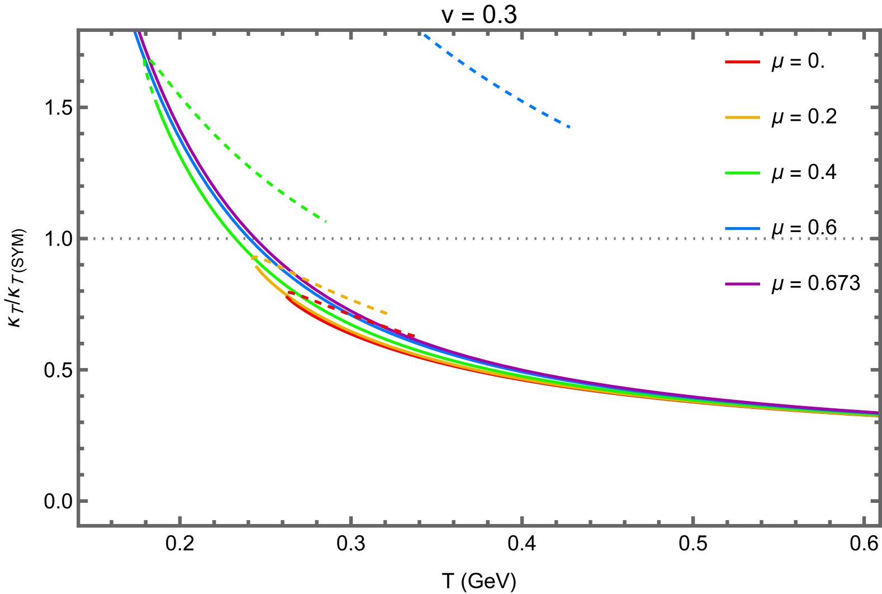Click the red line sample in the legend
(x=742, y=62)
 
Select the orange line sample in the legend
(x=742, y=117)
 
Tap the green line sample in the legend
(x=742, y=173)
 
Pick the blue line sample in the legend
(x=742, y=229)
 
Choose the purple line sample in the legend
(x=742, y=284)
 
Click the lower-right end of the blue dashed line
(x=570, y=127)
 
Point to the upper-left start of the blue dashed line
(x=424, y=35)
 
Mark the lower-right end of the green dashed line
(x=326, y=221)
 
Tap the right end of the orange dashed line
(x=387, y=313)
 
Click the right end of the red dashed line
(x=415, y=336)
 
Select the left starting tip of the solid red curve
(x=287, y=297)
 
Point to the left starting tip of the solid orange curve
(x=255, y=266)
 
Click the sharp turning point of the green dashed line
(x=144, y=60)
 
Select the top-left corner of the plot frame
(x=79, y=30)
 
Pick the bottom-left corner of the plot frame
(x=79, y=525)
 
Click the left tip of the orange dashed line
(x=253, y=257)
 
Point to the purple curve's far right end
(x=879, y=413)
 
